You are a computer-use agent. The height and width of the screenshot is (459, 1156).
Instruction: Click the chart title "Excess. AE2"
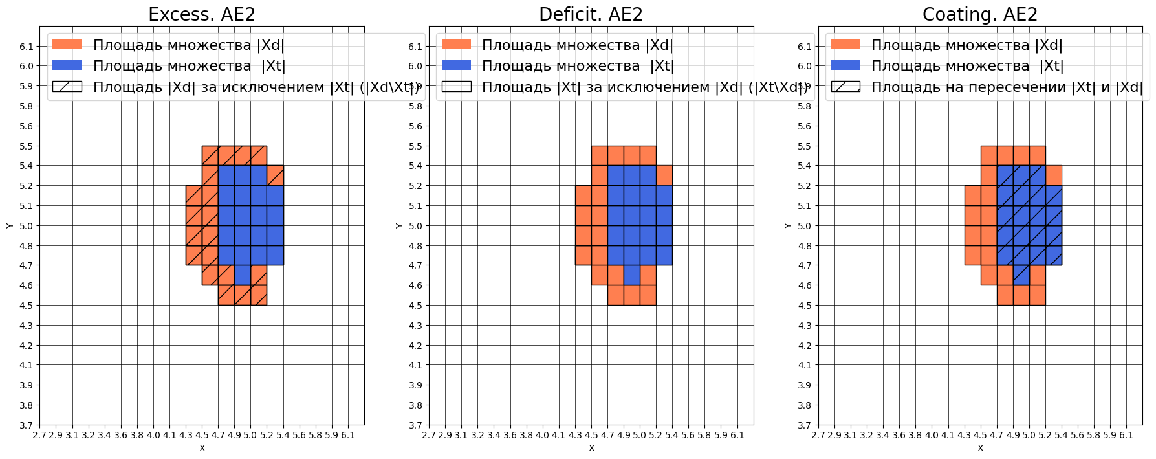(202, 14)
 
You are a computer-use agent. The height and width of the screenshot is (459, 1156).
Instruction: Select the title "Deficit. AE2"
(591, 14)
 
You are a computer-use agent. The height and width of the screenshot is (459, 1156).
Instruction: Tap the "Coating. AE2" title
(979, 14)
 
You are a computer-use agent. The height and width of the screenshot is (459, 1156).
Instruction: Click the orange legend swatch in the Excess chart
(67, 44)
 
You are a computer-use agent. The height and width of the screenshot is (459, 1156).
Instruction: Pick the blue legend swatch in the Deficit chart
(456, 65)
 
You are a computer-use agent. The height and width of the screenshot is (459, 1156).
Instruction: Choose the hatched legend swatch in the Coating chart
(845, 87)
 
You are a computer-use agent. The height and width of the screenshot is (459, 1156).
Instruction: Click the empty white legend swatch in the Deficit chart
(456, 87)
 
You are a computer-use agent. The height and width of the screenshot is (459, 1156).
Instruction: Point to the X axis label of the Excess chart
(202, 448)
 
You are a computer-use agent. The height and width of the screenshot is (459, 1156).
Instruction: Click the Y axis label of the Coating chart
(787, 225)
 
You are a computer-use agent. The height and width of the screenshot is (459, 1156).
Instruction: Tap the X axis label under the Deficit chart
(591, 448)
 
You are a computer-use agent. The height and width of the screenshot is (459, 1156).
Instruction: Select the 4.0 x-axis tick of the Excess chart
(153, 435)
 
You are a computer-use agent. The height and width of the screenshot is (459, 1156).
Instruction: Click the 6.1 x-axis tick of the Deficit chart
(737, 435)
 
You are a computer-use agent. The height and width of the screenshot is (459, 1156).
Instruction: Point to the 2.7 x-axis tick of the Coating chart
(818, 435)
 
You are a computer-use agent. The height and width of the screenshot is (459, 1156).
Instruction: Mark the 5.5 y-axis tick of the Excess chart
(27, 146)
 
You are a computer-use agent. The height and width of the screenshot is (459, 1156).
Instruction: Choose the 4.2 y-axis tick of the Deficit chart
(415, 346)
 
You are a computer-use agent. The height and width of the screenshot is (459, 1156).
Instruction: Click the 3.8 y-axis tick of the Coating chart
(805, 405)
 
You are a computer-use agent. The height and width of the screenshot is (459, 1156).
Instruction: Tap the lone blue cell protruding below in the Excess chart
(243, 275)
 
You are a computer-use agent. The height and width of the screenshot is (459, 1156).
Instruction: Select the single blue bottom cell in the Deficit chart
(632, 275)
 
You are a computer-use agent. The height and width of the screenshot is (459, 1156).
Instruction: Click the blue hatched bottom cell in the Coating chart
(1021, 275)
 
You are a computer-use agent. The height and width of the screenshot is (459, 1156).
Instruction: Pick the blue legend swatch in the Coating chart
(845, 65)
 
